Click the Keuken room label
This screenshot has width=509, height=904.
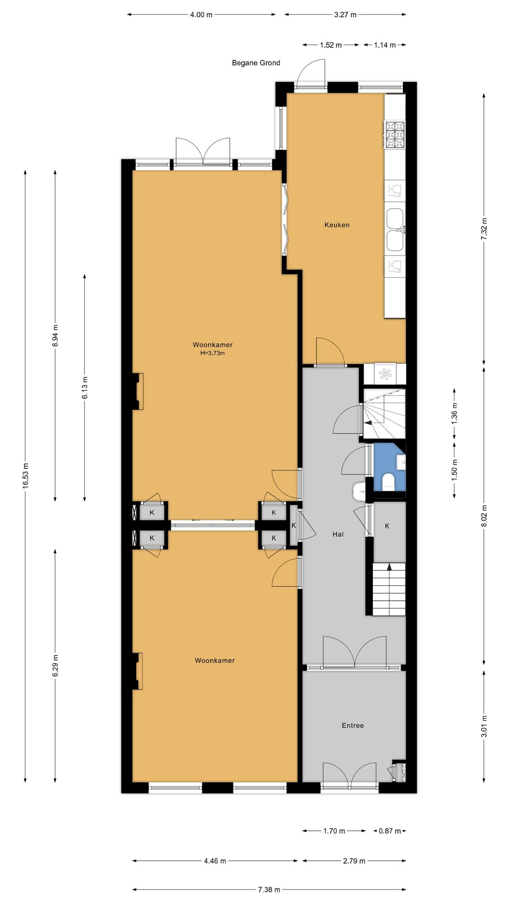coord(337,225)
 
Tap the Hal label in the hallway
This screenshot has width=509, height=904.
coord(338,534)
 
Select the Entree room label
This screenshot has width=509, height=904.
coord(353,725)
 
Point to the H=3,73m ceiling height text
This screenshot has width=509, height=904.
coord(213,353)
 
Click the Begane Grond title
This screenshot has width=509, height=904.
coord(256,63)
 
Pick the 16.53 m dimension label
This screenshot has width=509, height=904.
coord(26,475)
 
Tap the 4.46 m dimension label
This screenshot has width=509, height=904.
coord(215,860)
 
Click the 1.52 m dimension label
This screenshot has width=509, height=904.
coord(330,45)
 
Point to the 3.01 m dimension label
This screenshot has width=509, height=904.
coord(484,726)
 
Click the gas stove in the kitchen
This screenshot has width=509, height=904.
coord(395,134)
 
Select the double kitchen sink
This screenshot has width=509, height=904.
coord(395,230)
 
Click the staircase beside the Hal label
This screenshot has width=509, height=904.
coord(389,589)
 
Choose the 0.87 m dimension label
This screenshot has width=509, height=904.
coord(389,831)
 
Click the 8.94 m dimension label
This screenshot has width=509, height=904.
coord(55,335)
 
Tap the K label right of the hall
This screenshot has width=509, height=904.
coord(387,526)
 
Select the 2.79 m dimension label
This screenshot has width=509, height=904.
coord(354,860)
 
